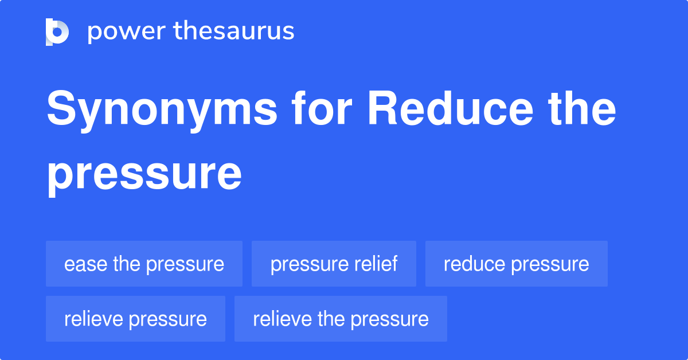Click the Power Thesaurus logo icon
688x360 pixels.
pyautogui.click(x=57, y=32)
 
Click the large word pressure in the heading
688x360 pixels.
pyautogui.click(x=144, y=174)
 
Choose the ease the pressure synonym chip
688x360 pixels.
pyautogui.click(x=144, y=264)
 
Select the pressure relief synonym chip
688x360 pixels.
pyautogui.click(x=334, y=264)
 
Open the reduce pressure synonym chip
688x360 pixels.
pyautogui.click(x=516, y=264)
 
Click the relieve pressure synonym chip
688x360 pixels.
pyautogui.click(x=135, y=319)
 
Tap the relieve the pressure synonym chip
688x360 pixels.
pyautogui.click(x=341, y=319)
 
